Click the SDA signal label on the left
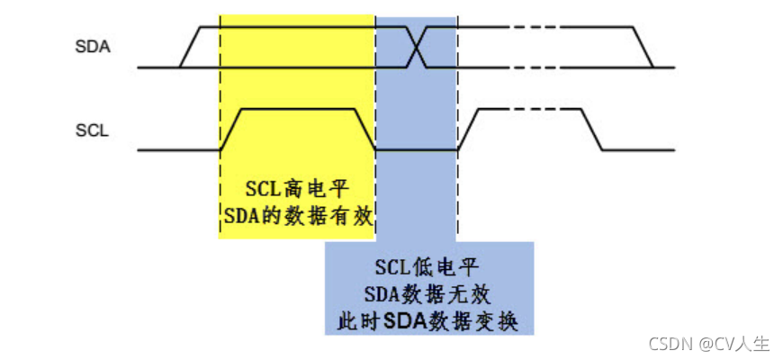point(93,48)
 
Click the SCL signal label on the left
point(92,132)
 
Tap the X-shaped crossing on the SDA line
point(417,47)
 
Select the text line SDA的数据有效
point(297,216)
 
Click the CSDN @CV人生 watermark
point(709,344)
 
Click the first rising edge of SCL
point(230,130)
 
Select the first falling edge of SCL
point(365,130)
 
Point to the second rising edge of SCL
point(468,130)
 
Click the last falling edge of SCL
point(591,130)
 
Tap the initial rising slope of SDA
point(190,47)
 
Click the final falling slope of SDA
point(643,47)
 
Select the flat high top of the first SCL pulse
point(298,109)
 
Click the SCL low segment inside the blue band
point(416,149)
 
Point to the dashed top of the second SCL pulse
point(529,109)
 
